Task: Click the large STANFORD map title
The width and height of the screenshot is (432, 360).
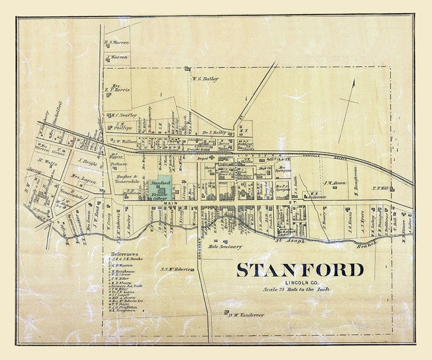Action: [x=300, y=270]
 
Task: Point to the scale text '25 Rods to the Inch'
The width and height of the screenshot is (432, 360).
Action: [x=296, y=289]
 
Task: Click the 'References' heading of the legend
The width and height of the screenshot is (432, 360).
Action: [x=124, y=254]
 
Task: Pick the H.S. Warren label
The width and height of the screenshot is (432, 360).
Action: [x=116, y=42]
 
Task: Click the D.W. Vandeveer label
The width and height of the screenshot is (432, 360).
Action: [x=246, y=315]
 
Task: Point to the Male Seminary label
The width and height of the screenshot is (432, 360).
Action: [x=225, y=247]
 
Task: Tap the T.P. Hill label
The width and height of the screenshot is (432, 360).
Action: [x=380, y=188]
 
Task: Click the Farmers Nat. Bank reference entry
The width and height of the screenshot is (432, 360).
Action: [x=127, y=286]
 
